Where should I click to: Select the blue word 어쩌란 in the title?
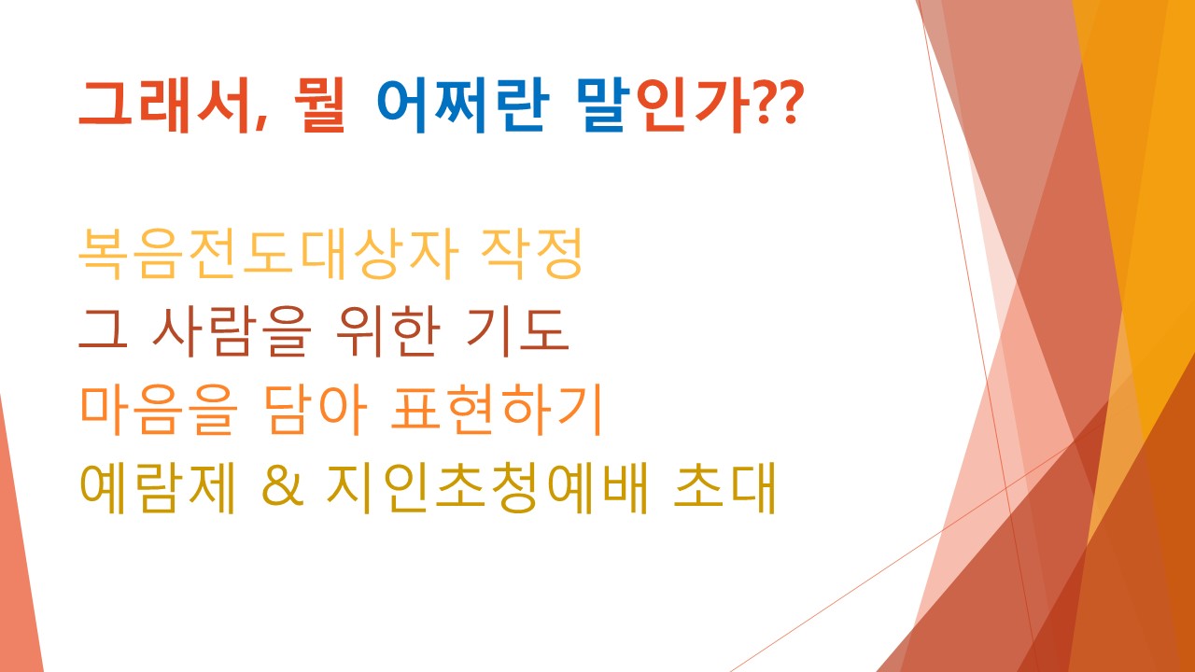pos(462,106)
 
